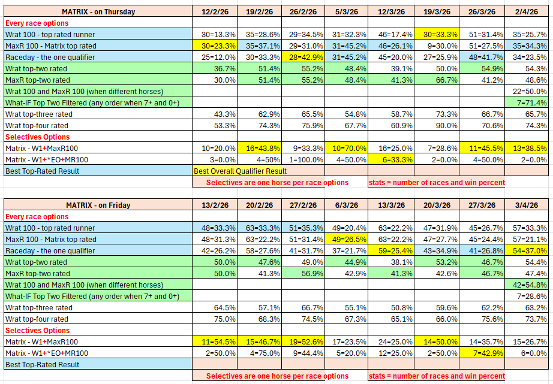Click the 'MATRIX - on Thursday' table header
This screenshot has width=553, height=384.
98,11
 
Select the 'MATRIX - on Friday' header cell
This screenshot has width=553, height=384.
98,205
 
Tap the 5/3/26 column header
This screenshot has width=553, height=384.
346,11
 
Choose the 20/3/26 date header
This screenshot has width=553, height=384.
436,205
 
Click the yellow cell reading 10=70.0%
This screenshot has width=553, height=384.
346,148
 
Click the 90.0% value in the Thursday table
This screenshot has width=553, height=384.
436,125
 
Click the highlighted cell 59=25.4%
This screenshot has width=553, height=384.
391,250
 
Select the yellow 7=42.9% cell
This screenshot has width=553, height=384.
482,353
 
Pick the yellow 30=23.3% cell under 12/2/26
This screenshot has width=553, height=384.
214,46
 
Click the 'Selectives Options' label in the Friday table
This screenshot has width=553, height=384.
37,330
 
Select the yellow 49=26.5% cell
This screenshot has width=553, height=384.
346,239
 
